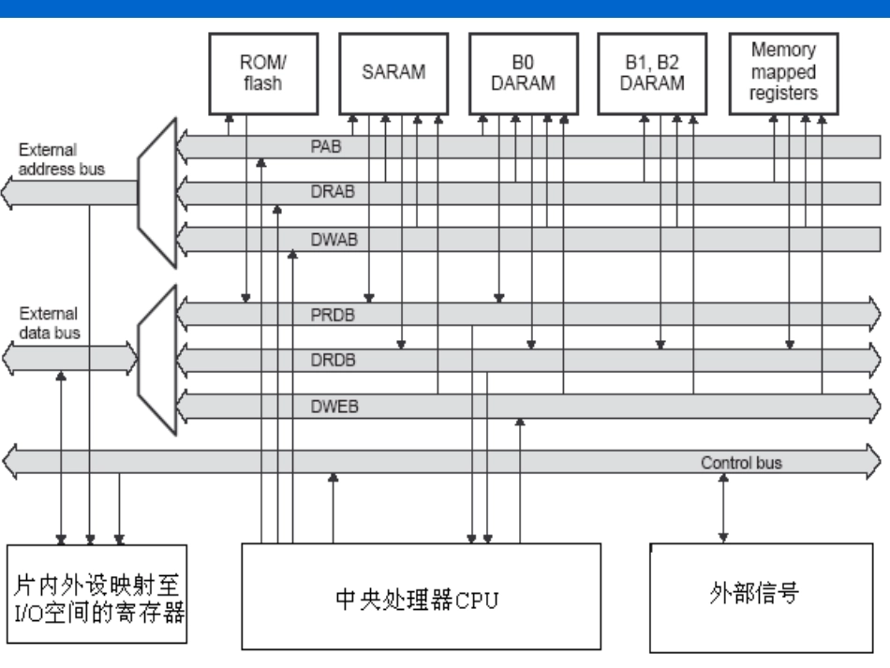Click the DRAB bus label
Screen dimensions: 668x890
click(328, 192)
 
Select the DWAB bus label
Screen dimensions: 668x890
click(328, 239)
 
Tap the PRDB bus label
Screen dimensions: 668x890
click(329, 314)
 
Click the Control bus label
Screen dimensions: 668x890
click(739, 462)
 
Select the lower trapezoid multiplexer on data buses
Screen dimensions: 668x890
click(156, 359)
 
